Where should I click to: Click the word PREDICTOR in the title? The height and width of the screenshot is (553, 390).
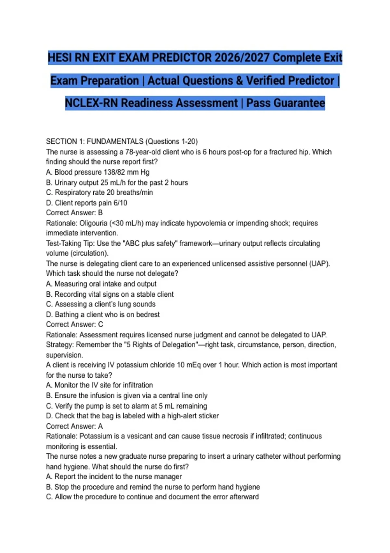pyautogui.click(x=182, y=58)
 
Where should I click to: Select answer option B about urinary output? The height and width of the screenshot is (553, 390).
pyautogui.click(x=117, y=182)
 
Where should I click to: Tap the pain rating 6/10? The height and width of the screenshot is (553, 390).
pyautogui.click(x=120, y=203)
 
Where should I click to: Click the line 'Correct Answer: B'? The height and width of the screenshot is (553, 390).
pyautogui.click(x=74, y=213)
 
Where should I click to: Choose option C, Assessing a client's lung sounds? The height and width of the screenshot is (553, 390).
pyautogui.click(x=101, y=304)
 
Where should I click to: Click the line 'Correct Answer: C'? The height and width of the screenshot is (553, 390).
pyautogui.click(x=74, y=324)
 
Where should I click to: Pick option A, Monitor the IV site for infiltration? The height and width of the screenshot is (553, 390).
pyautogui.click(x=99, y=385)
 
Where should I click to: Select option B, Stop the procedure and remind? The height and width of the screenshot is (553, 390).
pyautogui.click(x=153, y=487)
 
